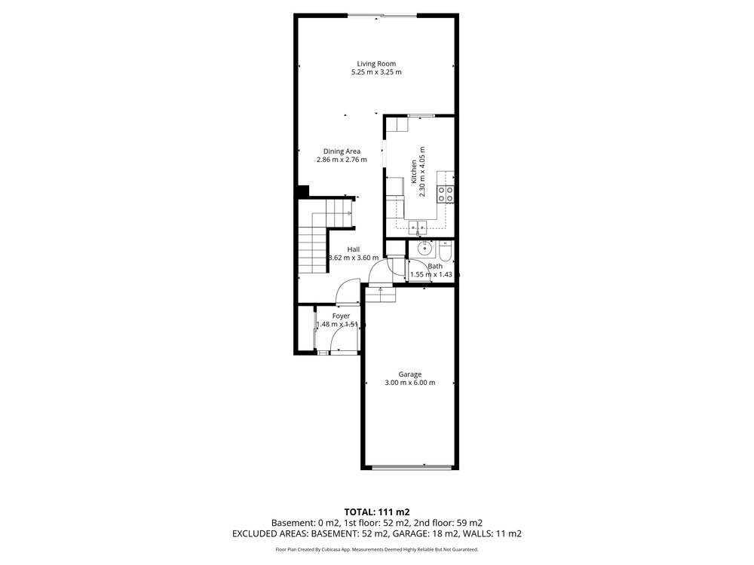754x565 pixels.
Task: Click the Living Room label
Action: [376, 63]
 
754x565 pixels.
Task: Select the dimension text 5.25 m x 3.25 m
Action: [376, 72]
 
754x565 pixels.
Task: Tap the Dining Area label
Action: [342, 151]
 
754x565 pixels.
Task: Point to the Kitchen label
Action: [413, 172]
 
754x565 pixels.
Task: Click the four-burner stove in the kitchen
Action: [446, 194]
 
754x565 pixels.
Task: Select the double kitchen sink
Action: [418, 226]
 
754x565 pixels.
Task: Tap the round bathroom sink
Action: [425, 249]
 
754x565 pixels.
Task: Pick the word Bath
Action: [435, 266]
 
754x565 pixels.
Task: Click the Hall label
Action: [354, 249]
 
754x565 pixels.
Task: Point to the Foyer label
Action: [341, 316]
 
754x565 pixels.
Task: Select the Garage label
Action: [409, 374]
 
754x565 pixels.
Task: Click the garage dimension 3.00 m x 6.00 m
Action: [409, 383]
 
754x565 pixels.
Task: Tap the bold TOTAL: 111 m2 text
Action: [377, 512]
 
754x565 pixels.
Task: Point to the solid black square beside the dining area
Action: [303, 191]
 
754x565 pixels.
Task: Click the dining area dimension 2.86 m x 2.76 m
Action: [342, 160]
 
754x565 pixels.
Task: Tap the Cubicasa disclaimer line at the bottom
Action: [376, 549]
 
